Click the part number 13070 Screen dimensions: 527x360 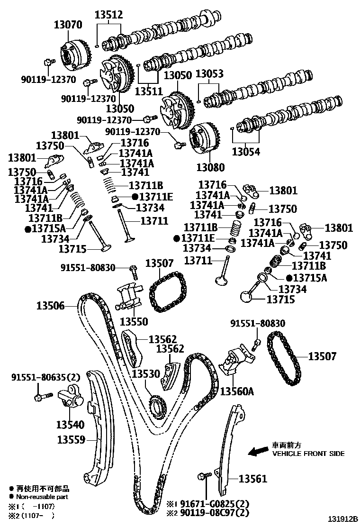click(69, 25)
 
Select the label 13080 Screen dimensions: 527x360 click(211, 167)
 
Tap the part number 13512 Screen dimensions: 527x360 click(109, 15)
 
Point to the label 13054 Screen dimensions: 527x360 click(245, 152)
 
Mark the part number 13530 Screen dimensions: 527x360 click(145, 374)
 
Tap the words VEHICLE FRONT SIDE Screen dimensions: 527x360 click(308, 454)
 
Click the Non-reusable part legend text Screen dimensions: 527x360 click(42, 497)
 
